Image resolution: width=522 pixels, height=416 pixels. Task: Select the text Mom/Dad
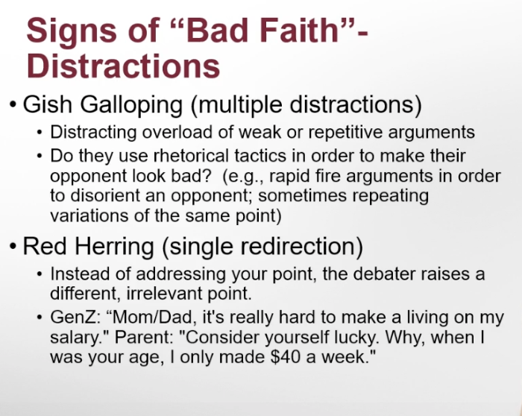(x=153, y=317)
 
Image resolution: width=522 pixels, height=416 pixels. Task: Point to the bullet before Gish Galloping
(x=13, y=105)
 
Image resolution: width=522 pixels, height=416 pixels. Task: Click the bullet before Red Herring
(x=13, y=247)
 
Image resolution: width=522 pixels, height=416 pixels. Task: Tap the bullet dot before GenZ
(x=40, y=317)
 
